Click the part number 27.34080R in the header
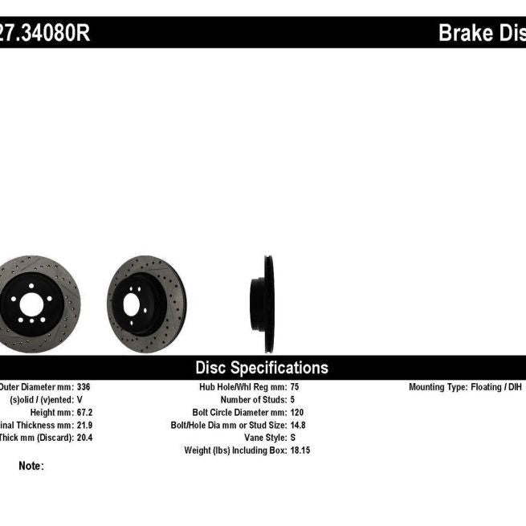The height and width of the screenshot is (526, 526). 44,33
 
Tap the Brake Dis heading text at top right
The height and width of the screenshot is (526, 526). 481,33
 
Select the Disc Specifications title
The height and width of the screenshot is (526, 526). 262,368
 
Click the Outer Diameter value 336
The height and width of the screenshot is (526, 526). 83,387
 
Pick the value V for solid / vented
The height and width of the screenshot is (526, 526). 80,399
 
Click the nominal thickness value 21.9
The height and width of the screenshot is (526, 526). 84,425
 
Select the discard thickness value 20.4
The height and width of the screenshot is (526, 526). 84,438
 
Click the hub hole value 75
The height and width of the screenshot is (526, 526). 295,387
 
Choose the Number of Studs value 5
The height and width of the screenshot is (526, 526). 292,399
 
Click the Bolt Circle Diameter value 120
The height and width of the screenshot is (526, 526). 297,412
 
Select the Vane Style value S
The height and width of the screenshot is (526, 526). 292,438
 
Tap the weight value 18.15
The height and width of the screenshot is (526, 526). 300,451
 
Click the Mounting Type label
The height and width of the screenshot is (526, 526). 438,387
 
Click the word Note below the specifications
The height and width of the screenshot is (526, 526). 31,466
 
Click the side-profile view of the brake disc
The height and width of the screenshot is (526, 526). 263,304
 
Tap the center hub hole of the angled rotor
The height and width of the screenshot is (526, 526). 132,304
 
